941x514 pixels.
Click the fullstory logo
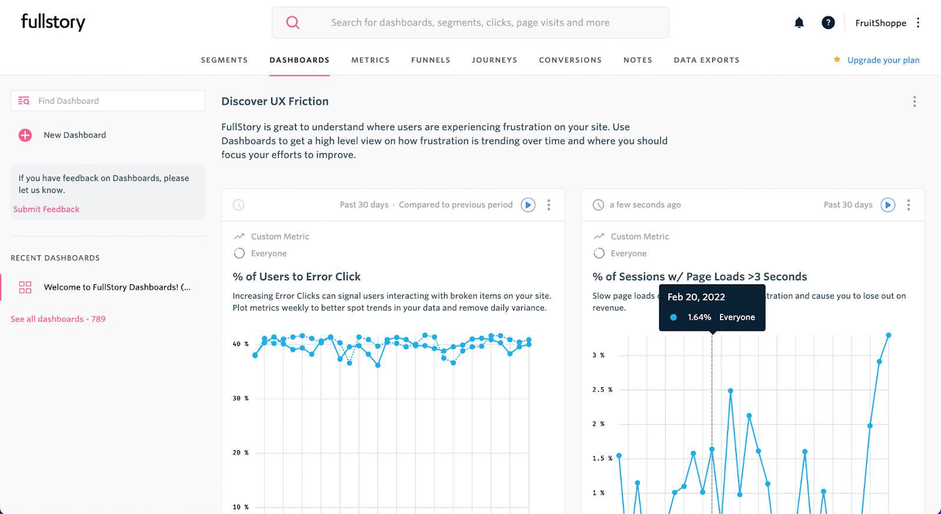pyautogui.click(x=53, y=22)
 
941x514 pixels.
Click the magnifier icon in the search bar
pyautogui.click(x=293, y=22)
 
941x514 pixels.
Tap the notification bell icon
pyautogui.click(x=799, y=23)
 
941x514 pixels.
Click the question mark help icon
pyautogui.click(x=828, y=23)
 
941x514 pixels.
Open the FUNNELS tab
pyautogui.click(x=431, y=60)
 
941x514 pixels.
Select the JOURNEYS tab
pyautogui.click(x=494, y=60)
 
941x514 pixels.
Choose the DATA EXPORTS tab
pyautogui.click(x=706, y=60)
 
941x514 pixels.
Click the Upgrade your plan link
pyautogui.click(x=883, y=60)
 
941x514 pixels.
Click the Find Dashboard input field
pyautogui.click(x=118, y=101)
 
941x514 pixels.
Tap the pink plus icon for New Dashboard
pyautogui.click(x=25, y=135)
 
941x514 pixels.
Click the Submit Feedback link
pyautogui.click(x=46, y=209)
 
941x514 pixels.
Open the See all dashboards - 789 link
pyautogui.click(x=58, y=319)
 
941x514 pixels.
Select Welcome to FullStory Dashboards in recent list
pyautogui.click(x=116, y=287)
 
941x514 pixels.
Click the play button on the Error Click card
pyautogui.click(x=528, y=205)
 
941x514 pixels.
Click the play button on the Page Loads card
pyautogui.click(x=887, y=205)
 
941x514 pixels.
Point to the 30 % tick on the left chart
pyautogui.click(x=240, y=399)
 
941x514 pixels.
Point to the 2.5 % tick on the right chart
pyautogui.click(x=602, y=390)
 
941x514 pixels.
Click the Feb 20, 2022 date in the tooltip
pyautogui.click(x=696, y=297)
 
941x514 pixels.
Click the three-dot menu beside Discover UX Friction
pyautogui.click(x=914, y=102)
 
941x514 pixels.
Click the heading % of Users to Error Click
pyautogui.click(x=296, y=277)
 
